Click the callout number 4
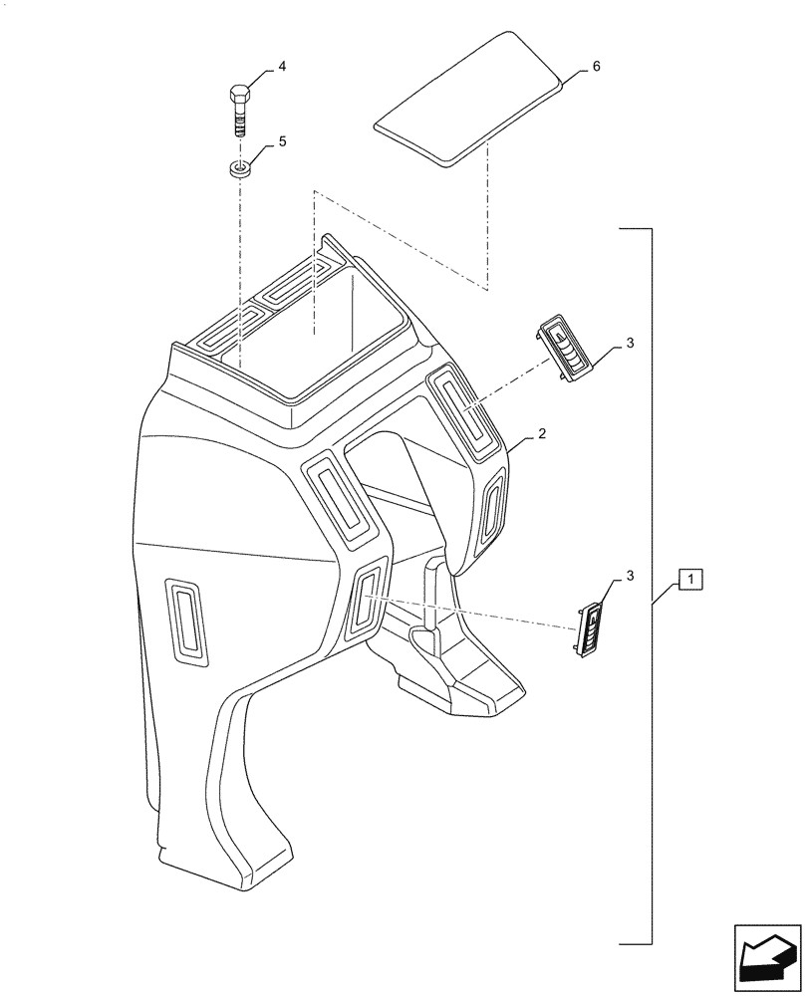pyautogui.click(x=282, y=66)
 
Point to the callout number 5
pyautogui.click(x=282, y=141)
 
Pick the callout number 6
pyautogui.click(x=596, y=66)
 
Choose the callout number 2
pyautogui.click(x=541, y=434)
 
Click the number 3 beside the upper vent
pyautogui.click(x=630, y=344)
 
